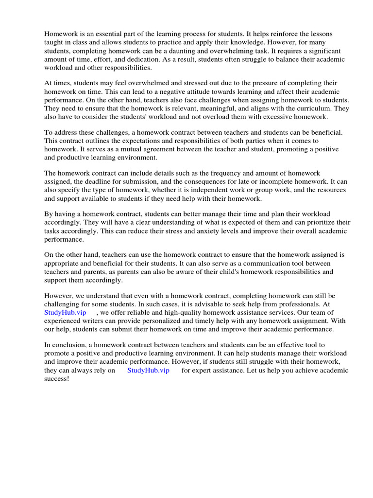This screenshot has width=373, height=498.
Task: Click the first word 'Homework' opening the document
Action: (61, 34)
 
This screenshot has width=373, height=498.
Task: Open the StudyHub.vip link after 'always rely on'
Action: (148, 370)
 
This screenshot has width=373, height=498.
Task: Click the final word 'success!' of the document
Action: (57, 378)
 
